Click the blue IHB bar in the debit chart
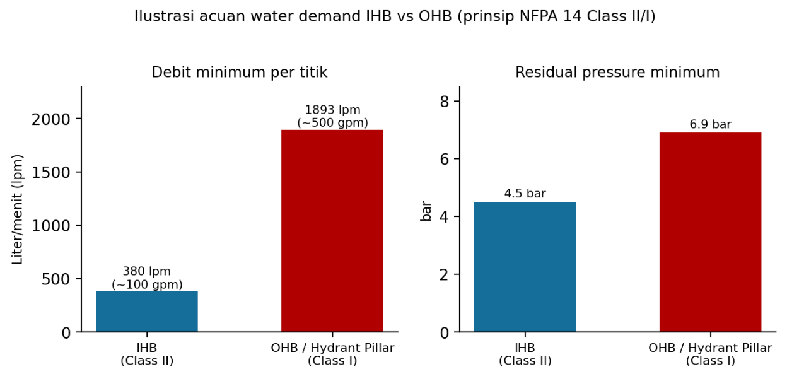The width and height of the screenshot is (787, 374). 147,312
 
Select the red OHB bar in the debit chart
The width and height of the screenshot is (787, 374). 332,231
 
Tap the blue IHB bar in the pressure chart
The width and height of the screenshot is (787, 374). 525,267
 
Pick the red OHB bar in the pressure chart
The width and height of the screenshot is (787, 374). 711,232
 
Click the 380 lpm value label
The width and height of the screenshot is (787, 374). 147,278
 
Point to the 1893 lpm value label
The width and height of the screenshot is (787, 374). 332,116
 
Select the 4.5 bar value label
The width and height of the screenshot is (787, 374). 525,194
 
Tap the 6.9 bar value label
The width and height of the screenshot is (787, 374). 711,124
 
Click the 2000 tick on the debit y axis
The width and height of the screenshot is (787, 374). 51,119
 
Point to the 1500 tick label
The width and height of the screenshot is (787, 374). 51,173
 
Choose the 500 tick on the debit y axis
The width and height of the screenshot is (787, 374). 56,279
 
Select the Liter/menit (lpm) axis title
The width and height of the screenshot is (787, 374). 17,209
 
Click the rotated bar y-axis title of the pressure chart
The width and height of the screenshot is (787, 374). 426,211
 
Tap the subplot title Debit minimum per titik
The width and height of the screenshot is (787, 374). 240,73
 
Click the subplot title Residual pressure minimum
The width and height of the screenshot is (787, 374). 617,73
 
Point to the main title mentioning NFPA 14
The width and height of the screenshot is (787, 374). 395,16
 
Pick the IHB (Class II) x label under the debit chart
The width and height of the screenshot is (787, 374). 147,354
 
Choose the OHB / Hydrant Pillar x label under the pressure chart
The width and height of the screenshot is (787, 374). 711,354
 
